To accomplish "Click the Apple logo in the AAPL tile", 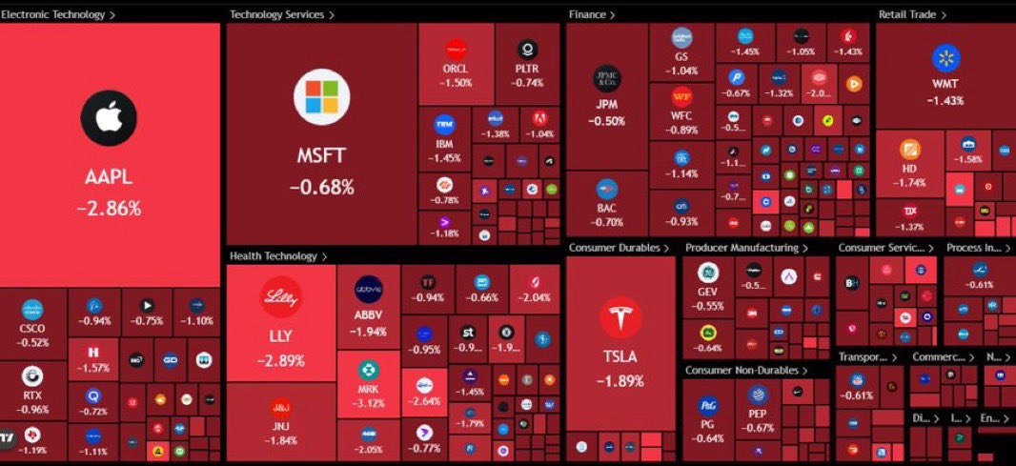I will [x=109, y=118].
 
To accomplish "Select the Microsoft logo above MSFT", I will [x=321, y=97].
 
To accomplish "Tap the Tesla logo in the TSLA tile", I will [x=620, y=317].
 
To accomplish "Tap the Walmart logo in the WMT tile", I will [x=945, y=58].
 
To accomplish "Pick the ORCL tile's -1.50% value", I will [x=456, y=83].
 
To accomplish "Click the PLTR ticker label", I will [x=527, y=69].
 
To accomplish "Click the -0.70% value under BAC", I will [x=607, y=223].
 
